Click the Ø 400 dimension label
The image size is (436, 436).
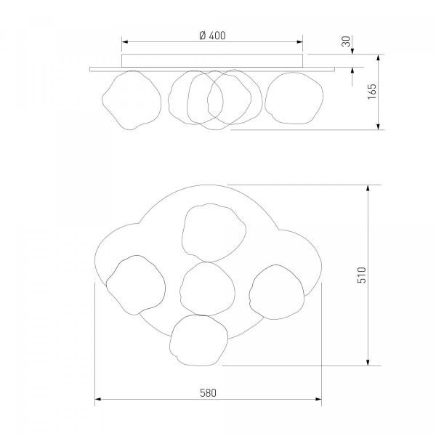point(212,36)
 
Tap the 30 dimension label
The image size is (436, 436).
point(346,41)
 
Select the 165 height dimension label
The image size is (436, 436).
point(371,92)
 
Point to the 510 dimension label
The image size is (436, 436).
point(361,275)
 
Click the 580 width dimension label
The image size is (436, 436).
point(208,393)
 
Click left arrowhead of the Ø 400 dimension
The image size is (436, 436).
point(125,42)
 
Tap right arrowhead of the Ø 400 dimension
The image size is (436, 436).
point(299,42)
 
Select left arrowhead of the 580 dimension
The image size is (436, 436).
point(98,399)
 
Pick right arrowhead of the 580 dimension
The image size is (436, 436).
point(318,399)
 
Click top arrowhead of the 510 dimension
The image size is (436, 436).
point(368,188)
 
